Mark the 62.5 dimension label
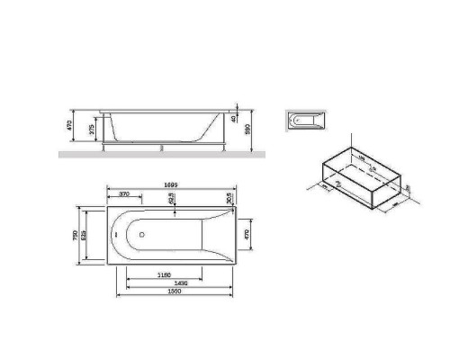pyautogui.click(x=171, y=202)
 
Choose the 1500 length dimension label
pyautogui.click(x=175, y=293)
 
